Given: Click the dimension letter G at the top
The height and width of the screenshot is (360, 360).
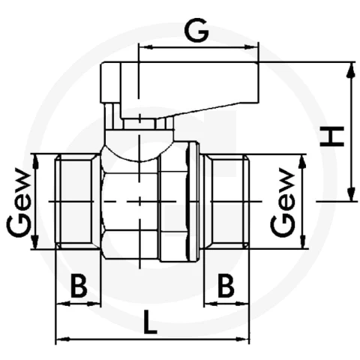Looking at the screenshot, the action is coord(196,30).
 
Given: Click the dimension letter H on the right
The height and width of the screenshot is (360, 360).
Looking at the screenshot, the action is coord(332,136).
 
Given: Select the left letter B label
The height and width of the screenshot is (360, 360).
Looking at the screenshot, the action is coord(79,286).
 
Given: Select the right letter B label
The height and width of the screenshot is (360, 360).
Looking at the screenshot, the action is coord(226,286).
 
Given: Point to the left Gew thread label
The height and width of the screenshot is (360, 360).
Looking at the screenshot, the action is coord(19,202).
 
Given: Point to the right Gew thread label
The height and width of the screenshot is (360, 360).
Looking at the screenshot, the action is coord(283,202).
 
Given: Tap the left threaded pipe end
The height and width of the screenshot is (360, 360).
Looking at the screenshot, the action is coord(77,202).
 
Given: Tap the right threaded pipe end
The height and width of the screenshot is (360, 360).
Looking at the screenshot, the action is coord(227,202).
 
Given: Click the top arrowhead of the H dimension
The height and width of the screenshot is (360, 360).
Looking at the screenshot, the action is coord(351,70).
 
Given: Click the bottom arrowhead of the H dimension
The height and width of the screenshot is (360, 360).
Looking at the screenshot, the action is coord(351,193).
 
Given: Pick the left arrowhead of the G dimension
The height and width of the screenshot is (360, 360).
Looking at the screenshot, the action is coord(146,47).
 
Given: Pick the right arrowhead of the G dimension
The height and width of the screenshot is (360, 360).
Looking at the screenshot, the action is coord(250,47).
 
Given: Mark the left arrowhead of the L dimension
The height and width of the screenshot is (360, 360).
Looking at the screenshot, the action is coord(62,340).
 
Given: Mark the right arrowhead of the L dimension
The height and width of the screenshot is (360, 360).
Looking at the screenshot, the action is coord(242,340).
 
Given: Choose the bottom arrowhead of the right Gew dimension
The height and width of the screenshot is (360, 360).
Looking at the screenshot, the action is coord(303,241).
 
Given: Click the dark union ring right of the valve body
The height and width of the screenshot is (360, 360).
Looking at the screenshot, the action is coord(193,202).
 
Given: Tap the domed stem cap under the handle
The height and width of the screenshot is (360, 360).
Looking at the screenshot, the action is coord(139,145).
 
